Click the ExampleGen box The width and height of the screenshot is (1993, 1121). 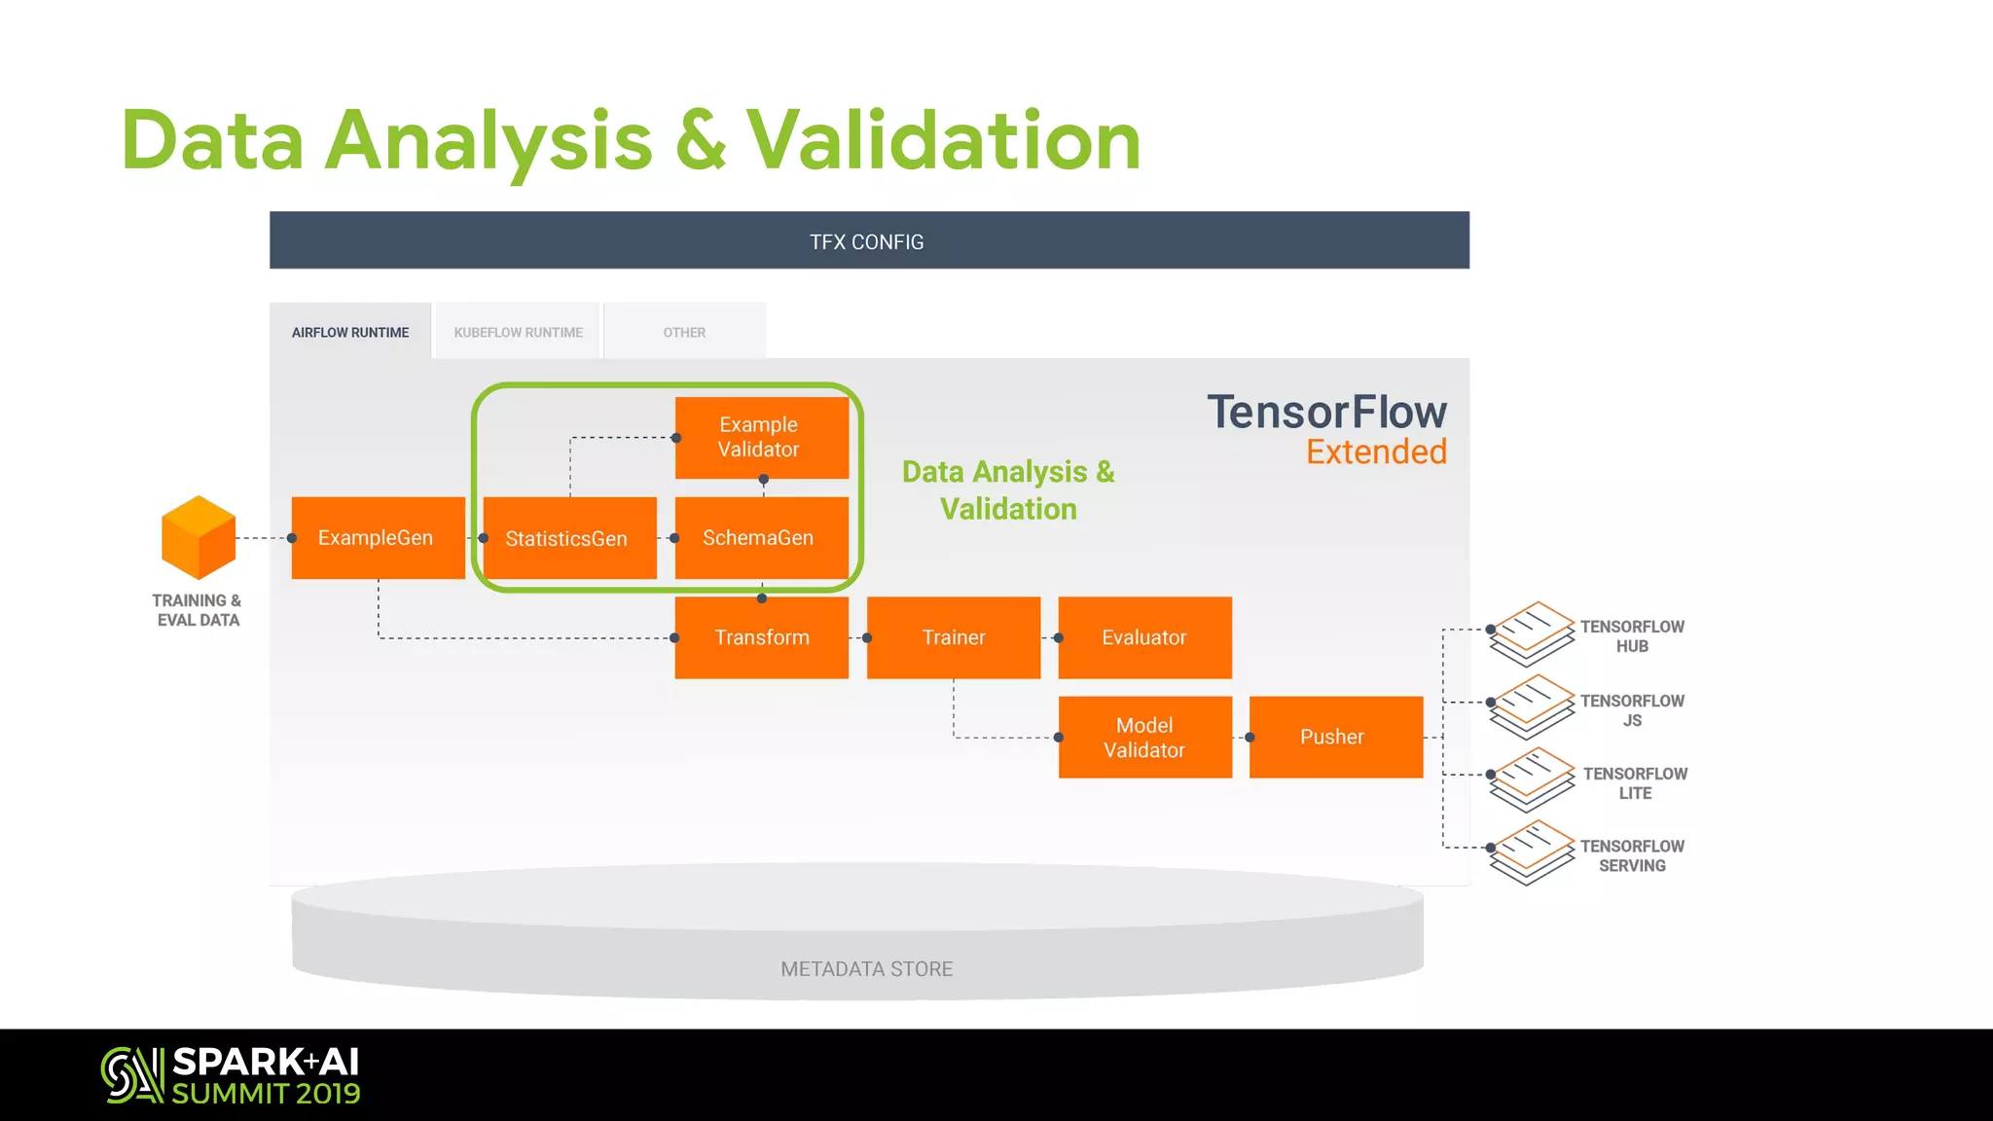[x=378, y=538]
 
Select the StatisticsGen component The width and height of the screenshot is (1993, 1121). [x=569, y=538]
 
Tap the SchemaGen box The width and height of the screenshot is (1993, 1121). [x=761, y=538]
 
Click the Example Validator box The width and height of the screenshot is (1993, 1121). [x=761, y=437]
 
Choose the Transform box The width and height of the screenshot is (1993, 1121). [x=761, y=637]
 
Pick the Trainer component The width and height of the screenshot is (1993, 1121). [x=953, y=637]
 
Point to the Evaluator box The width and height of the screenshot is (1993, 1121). [x=1144, y=637]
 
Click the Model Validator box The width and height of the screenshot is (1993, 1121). [x=1144, y=738]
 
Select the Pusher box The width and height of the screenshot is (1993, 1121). [x=1335, y=738]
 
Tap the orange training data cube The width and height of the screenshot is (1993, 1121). [x=199, y=538]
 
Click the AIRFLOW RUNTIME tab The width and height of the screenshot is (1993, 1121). [x=350, y=332]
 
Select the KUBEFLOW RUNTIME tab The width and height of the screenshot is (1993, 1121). [x=518, y=332]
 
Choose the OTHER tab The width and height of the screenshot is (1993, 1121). [x=684, y=332]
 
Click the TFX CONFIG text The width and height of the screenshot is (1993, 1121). [x=867, y=241]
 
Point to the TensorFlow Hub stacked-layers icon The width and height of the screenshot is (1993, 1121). [x=1531, y=633]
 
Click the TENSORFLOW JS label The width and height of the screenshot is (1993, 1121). [x=1632, y=710]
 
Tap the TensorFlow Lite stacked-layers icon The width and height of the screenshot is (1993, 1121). [x=1531, y=779]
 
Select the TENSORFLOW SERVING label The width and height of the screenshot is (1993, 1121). [x=1632, y=856]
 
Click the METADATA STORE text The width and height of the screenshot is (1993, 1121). [x=866, y=969]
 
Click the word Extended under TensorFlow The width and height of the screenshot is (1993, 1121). [x=1376, y=452]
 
